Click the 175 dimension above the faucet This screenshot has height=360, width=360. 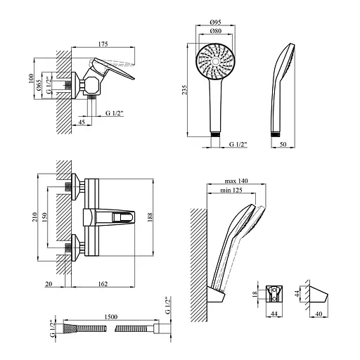coord(103,44)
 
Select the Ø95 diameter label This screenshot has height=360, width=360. coord(216,22)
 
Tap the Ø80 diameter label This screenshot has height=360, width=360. coord(216,31)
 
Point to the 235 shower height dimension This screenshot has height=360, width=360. coord(185,89)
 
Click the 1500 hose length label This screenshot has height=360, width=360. coord(111,317)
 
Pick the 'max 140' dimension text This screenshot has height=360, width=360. coord(236,181)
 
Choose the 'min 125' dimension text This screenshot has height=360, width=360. coord(231,190)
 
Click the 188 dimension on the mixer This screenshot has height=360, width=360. coord(150,217)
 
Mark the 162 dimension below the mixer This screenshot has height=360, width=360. coord(103,284)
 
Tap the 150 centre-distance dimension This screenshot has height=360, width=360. coord(44,217)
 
